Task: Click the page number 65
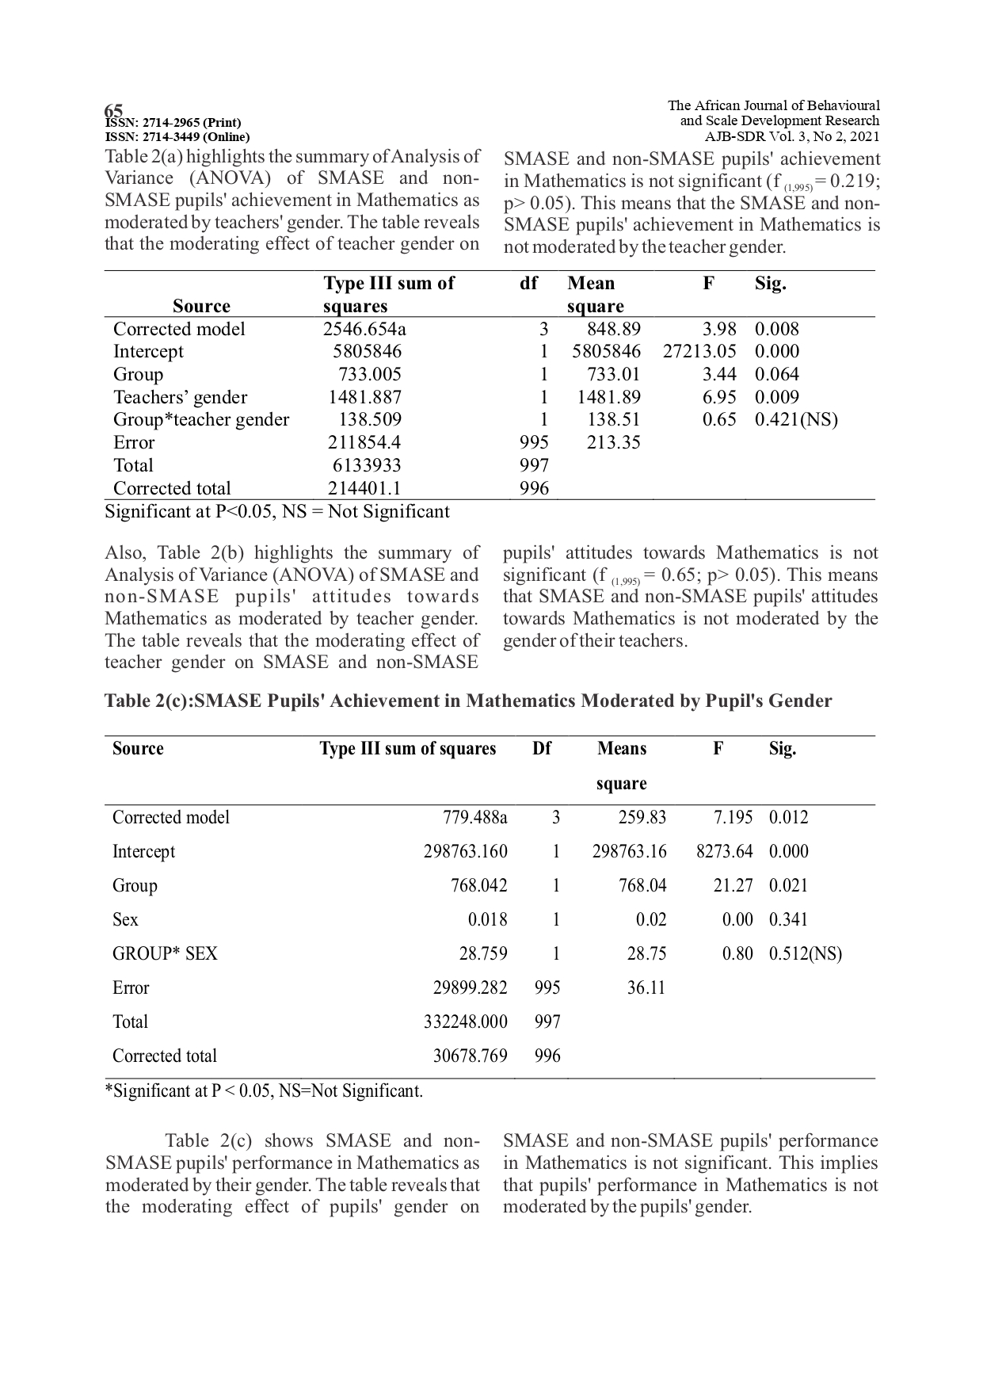[x=114, y=109]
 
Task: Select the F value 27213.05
[x=699, y=352]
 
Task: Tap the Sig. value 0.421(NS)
[x=795, y=420]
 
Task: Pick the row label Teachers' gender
[x=180, y=398]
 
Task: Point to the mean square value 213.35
[x=613, y=443]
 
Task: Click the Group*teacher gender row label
[x=201, y=420]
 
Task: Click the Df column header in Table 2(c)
[x=542, y=749]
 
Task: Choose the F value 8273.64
[x=724, y=852]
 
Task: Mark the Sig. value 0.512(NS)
[x=805, y=954]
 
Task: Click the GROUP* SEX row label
[x=165, y=954]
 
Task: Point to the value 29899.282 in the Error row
[x=470, y=988]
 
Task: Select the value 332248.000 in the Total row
[x=466, y=1022]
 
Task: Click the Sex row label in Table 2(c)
[x=125, y=920]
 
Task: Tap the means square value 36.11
[x=646, y=988]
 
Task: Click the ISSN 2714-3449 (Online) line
[x=177, y=136]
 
